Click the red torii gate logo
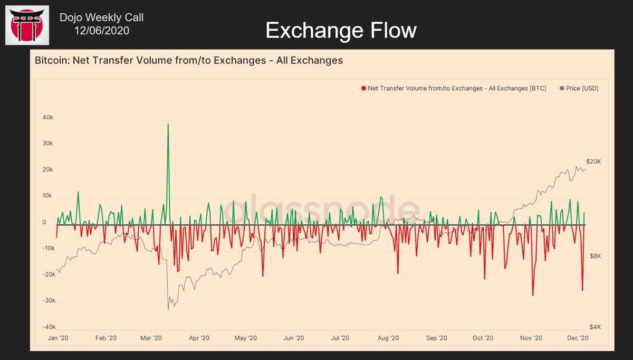tap(27, 25)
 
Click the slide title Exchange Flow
tap(341, 31)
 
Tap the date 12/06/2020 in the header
tap(101, 31)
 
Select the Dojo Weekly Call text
tap(101, 17)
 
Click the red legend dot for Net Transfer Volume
tap(363, 88)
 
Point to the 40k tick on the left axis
tap(47, 118)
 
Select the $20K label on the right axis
tap(593, 161)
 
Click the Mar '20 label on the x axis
tap(151, 338)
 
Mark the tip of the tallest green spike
tap(168, 124)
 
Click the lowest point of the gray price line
tap(168, 309)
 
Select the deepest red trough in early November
tap(533, 295)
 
